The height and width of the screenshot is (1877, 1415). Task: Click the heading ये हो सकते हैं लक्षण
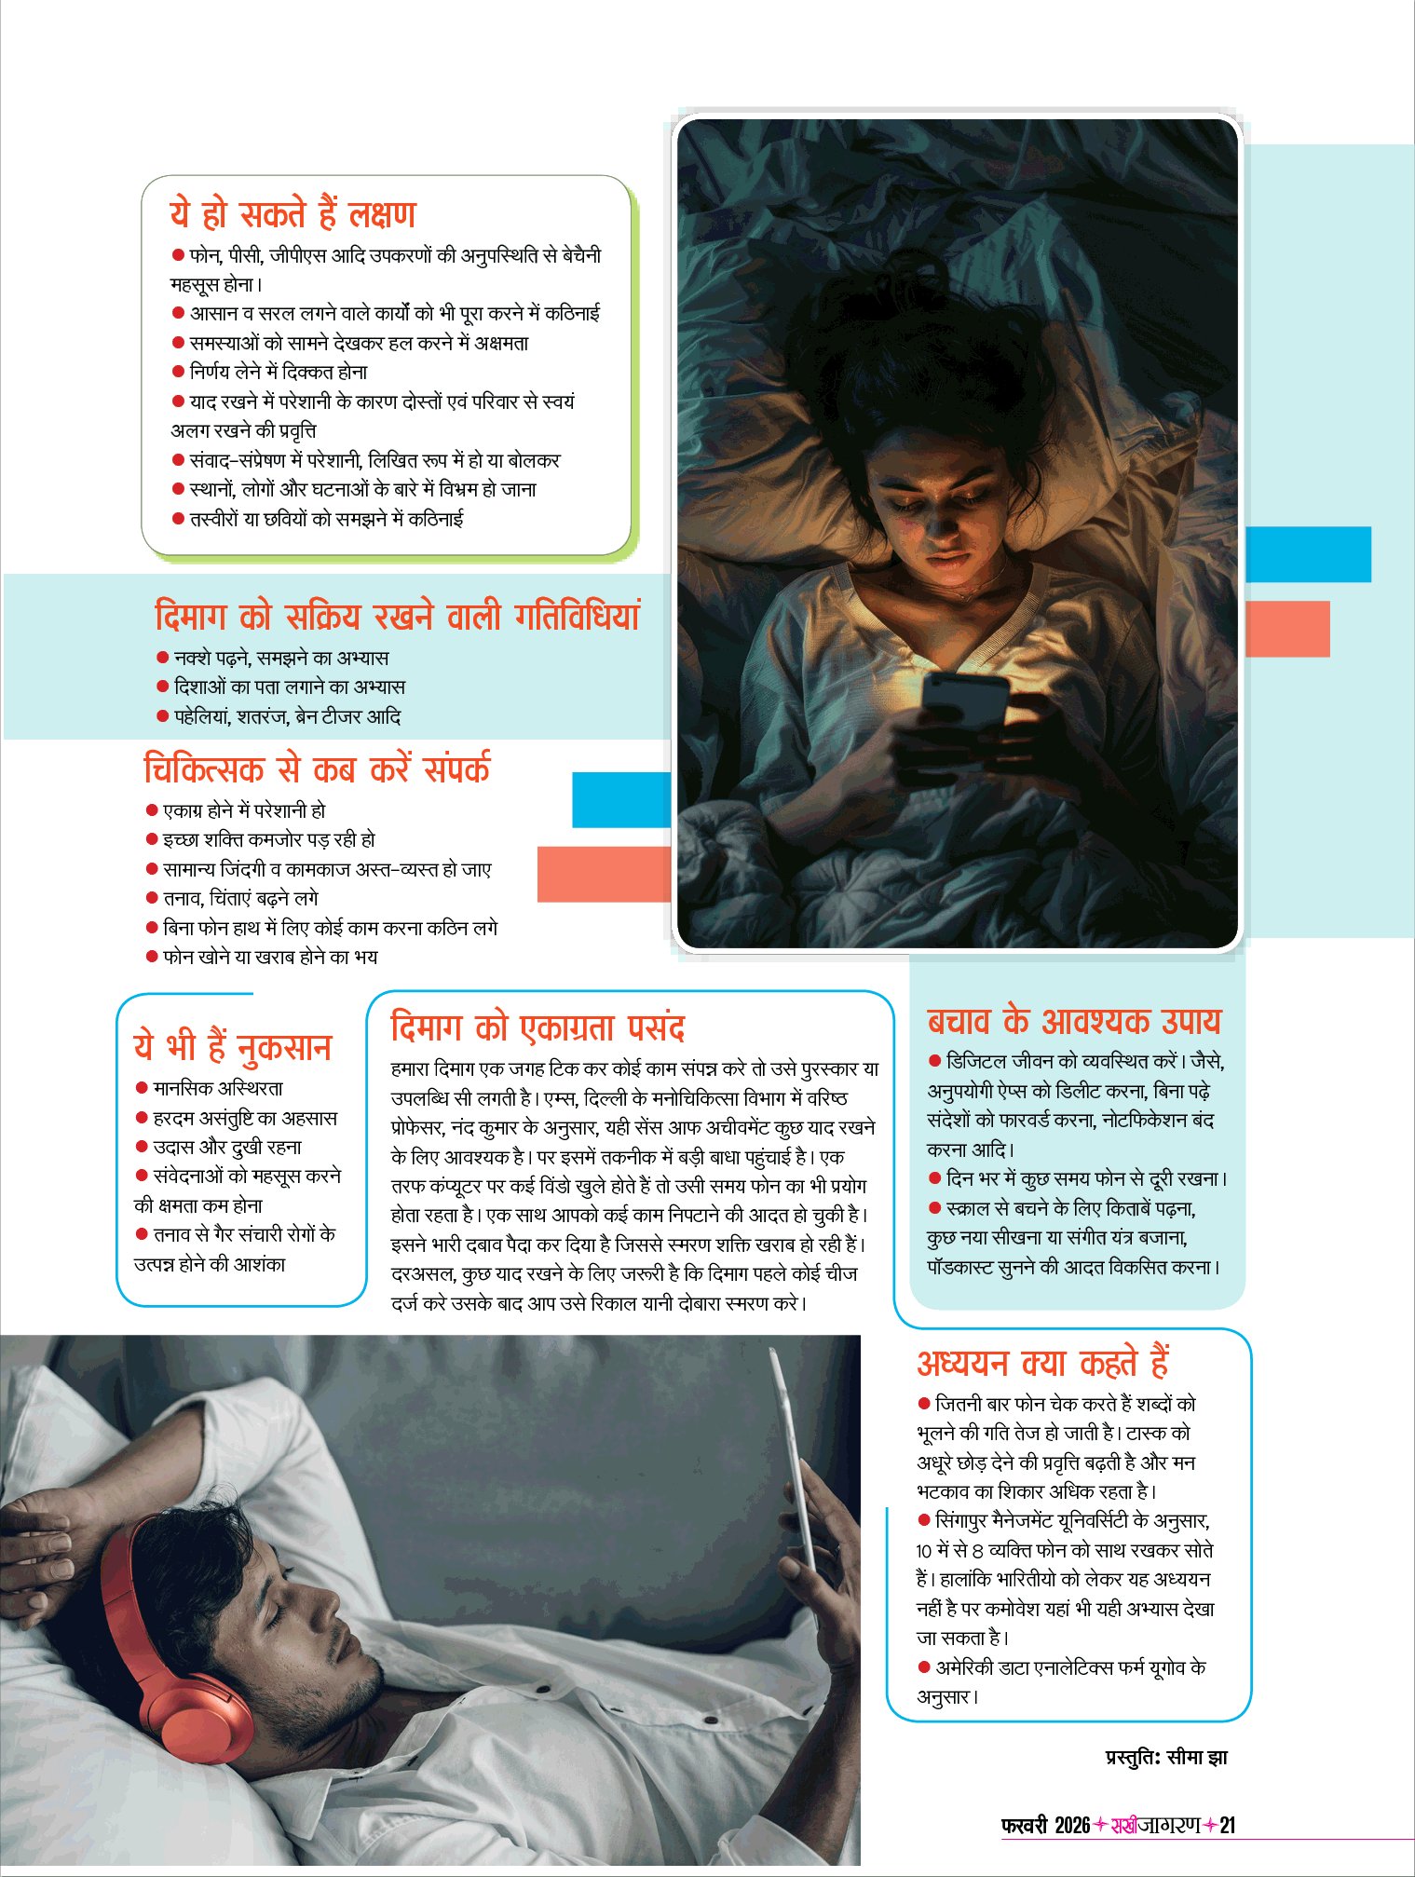point(293,214)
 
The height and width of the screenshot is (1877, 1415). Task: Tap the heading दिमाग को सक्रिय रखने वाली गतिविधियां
point(398,617)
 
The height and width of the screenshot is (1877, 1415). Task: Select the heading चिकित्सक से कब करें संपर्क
point(317,769)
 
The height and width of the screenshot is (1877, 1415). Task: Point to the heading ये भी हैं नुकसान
point(233,1046)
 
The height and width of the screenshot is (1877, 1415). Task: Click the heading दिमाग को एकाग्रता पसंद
point(537,1027)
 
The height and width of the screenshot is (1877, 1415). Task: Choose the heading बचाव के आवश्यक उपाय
point(1073,1021)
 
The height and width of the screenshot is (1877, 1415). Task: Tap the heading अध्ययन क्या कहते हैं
point(1042,1363)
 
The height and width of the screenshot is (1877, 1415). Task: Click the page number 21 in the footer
point(1227,1825)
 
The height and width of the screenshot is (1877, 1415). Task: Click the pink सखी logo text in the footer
point(1123,1825)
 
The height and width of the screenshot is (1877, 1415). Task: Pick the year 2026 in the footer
point(1072,1825)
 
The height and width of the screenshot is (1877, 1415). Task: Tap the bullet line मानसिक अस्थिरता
point(217,1088)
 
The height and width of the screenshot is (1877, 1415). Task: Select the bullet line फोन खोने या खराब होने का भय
point(269,957)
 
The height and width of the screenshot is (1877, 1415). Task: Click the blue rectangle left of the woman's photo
point(621,799)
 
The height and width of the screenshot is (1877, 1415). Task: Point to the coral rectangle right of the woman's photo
point(1287,629)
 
